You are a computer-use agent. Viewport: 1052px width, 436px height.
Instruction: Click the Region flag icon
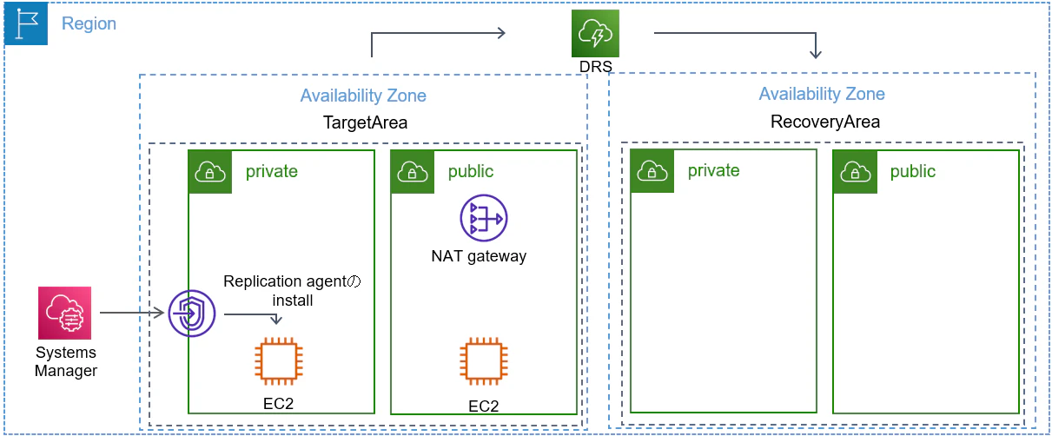26,23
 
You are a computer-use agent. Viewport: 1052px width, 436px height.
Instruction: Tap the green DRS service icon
595,33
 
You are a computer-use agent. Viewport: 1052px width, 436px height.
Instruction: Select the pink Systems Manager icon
65,313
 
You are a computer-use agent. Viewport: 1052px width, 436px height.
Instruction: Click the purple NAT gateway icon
483,218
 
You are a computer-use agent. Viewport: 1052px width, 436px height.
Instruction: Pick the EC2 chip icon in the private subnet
279,361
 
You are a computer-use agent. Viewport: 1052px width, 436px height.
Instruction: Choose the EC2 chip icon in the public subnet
483,361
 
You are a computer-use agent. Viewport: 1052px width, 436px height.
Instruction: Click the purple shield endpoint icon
192,313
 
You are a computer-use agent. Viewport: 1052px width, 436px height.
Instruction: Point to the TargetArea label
365,122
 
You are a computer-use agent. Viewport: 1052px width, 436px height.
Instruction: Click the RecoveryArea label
825,122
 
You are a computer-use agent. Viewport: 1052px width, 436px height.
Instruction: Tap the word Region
89,23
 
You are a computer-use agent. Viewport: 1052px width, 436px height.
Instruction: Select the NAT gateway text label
479,256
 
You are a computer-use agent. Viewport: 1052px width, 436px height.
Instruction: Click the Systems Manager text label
66,361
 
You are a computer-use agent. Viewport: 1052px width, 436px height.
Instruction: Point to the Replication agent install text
292,290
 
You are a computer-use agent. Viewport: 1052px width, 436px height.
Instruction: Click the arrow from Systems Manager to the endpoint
131,313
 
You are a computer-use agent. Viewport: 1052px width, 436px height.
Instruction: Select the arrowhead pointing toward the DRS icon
501,33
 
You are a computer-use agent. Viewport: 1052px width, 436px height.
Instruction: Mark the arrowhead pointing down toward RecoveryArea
816,54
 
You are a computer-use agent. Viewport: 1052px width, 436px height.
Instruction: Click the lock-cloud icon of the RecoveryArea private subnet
652,171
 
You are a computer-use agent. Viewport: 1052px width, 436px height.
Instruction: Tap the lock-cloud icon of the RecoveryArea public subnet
855,172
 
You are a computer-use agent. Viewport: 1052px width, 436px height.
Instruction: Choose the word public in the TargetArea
471,172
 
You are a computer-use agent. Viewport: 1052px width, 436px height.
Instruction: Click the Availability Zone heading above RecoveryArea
822,94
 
